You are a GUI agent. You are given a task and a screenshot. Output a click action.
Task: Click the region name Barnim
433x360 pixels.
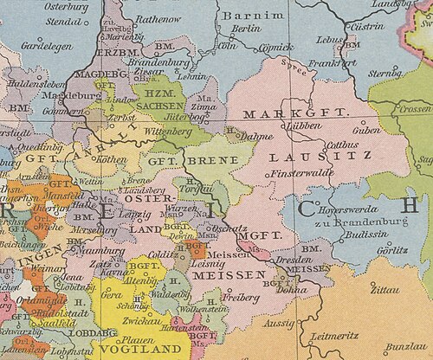[242, 16]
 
